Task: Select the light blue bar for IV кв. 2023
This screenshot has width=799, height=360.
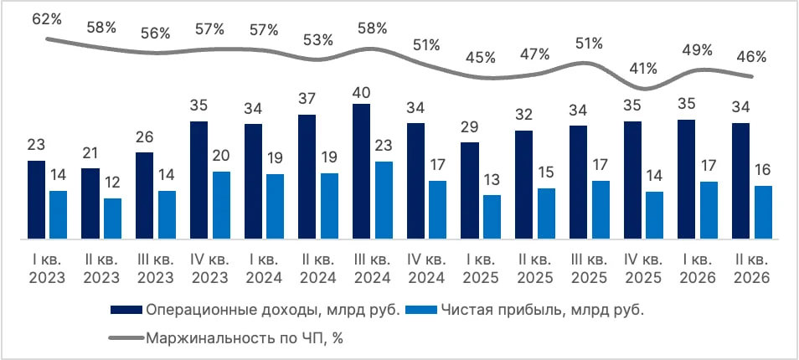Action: pos(221,205)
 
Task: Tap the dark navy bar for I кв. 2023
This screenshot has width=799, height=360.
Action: pos(36,199)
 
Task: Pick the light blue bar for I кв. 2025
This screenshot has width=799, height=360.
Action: pos(492,217)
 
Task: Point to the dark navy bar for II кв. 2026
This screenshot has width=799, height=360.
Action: pos(740,181)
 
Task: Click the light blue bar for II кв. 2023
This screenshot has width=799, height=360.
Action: pos(112,219)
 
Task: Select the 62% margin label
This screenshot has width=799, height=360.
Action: pos(47,20)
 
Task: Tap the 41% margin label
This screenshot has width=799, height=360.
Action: pos(643,68)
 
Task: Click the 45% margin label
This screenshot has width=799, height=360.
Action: pos(481,58)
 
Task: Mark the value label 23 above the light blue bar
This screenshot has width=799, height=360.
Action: pos(384,145)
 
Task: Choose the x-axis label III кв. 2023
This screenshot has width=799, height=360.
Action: pos(156,269)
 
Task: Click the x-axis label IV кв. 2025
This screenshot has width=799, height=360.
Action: pos(643,269)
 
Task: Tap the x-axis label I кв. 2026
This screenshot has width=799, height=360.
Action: pos(697,269)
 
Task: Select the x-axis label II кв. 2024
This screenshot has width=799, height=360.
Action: pos(318,269)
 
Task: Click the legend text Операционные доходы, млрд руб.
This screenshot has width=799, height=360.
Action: pos(271,310)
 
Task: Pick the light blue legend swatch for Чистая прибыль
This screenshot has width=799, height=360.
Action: pos(421,309)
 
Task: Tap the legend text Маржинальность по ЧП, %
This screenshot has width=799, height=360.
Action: pos(244,338)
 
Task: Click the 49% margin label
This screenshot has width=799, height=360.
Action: pos(698,50)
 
